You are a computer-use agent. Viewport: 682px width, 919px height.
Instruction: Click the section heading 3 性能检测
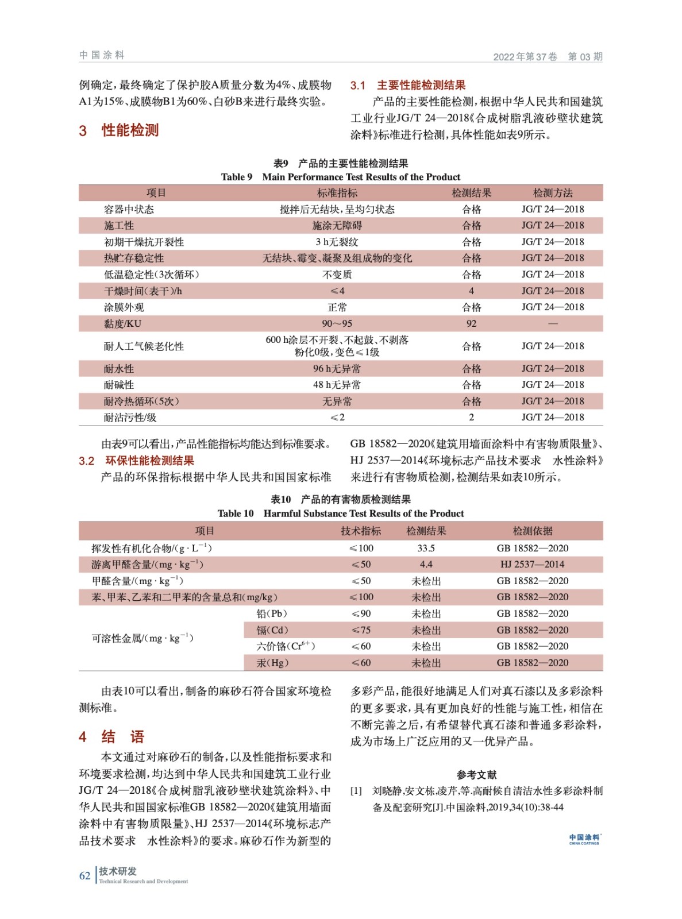pos(119,130)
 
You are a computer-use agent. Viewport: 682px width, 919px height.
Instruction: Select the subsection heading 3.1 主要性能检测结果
pos(407,86)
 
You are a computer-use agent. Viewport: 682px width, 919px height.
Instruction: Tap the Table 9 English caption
pos(340,177)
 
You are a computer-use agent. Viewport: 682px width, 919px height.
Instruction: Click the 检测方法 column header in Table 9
pos(552,193)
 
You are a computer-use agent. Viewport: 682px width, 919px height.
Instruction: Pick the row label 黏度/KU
pos(122,324)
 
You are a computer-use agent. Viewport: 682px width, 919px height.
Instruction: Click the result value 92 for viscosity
pos(471,324)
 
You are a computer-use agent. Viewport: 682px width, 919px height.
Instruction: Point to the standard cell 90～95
pos(337,324)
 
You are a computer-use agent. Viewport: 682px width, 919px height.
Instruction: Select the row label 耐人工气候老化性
pos(144,346)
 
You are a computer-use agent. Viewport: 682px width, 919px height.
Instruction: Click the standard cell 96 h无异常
pos(337,369)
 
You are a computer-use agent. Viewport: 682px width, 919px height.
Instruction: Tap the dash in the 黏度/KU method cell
pos(552,324)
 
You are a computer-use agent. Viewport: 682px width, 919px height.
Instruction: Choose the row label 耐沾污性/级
pos(130,418)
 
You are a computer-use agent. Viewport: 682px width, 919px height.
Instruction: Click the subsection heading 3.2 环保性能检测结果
pos(137,461)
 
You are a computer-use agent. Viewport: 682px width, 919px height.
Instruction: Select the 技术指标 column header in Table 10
pos(361,531)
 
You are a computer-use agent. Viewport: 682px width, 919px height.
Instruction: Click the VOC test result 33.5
pos(426,549)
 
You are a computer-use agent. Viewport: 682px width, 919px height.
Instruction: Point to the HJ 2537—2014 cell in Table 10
pos(532,565)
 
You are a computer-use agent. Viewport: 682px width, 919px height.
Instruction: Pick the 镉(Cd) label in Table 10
pos(272,630)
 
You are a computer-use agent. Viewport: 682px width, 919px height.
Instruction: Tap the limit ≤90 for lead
pos(361,614)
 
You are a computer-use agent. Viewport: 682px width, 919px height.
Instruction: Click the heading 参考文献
pos(476,775)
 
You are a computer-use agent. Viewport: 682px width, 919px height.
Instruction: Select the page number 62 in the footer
pos(84,876)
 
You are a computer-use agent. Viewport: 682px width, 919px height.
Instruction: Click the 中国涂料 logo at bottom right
pos(584,839)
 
